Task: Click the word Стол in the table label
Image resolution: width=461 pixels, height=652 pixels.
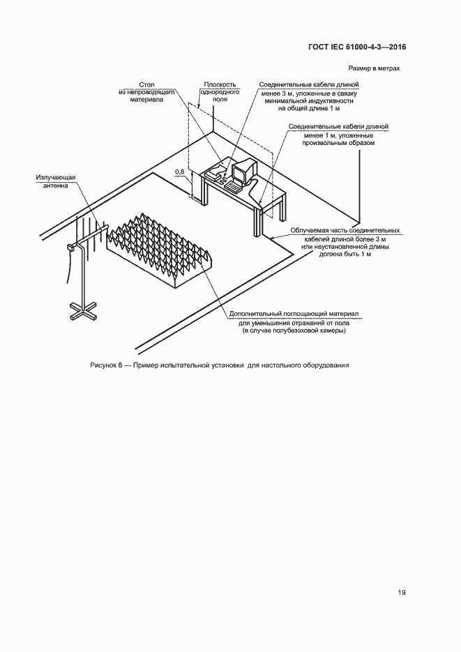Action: click(146, 84)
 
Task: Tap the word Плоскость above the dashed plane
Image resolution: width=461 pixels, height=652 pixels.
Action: click(220, 84)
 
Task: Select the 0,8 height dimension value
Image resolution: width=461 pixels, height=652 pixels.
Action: click(179, 172)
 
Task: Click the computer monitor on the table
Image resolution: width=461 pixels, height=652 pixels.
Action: click(243, 172)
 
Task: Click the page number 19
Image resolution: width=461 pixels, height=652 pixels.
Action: click(402, 592)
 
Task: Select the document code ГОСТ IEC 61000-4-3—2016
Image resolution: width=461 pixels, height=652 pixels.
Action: click(357, 47)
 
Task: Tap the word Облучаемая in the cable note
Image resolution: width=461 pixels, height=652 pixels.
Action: click(310, 230)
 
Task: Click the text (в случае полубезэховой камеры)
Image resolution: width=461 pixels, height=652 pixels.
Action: click(294, 331)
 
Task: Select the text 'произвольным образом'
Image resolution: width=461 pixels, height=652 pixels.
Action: click(339, 142)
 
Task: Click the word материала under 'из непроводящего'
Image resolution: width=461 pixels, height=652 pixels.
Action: click(146, 100)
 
